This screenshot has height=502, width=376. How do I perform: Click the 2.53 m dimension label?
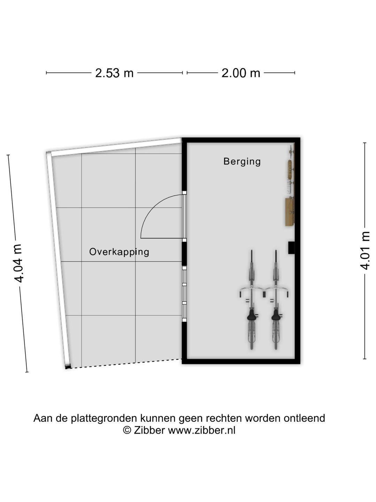[x=115, y=73]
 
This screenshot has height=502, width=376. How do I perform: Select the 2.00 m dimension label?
[x=241, y=73]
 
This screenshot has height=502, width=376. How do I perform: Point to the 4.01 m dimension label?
[x=365, y=250]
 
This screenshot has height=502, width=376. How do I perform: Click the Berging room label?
[x=242, y=161]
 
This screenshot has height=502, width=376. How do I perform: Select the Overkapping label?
[x=119, y=252]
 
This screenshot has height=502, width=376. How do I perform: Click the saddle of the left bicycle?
[x=251, y=315]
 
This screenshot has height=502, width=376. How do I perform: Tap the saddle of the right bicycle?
[x=276, y=315]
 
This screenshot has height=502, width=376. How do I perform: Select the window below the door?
[x=185, y=294]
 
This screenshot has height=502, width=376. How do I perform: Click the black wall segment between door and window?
[x=185, y=253]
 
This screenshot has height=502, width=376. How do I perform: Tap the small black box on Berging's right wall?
[x=291, y=247]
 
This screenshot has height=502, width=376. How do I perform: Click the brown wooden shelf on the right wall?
[x=289, y=212]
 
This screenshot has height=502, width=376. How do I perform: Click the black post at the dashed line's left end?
[x=68, y=366]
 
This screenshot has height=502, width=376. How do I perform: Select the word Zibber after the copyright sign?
[x=149, y=431]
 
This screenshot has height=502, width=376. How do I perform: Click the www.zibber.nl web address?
[x=202, y=431]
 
